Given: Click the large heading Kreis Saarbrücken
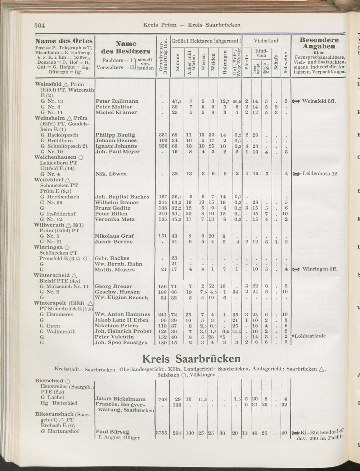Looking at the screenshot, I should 191,359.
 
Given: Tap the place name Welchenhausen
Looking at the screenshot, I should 55,157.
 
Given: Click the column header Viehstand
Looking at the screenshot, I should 266,41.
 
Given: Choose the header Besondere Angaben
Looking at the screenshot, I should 319,43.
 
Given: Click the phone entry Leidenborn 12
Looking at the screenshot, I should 320,174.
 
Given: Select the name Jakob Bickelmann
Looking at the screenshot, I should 121,399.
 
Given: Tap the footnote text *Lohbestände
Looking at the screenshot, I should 309,336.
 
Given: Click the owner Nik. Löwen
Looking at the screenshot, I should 111,174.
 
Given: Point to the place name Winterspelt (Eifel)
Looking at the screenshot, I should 59,303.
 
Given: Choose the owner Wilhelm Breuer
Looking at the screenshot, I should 117,202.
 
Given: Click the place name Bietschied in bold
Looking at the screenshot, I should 49,381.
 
